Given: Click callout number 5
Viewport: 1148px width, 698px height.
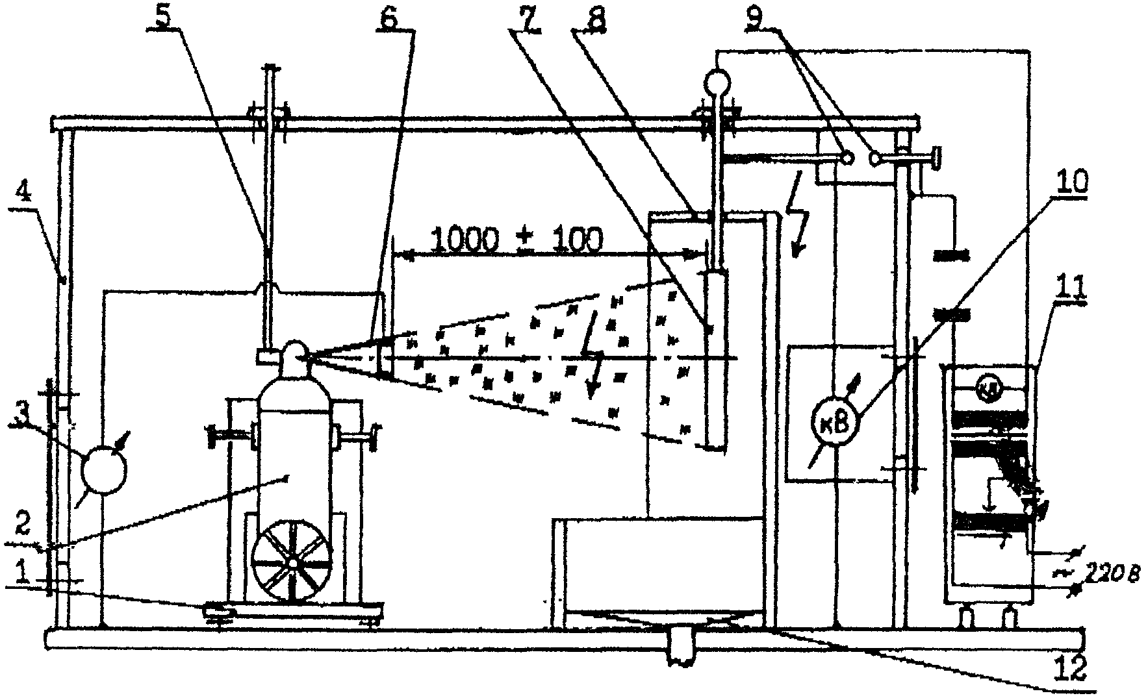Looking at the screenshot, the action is (167, 18).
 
